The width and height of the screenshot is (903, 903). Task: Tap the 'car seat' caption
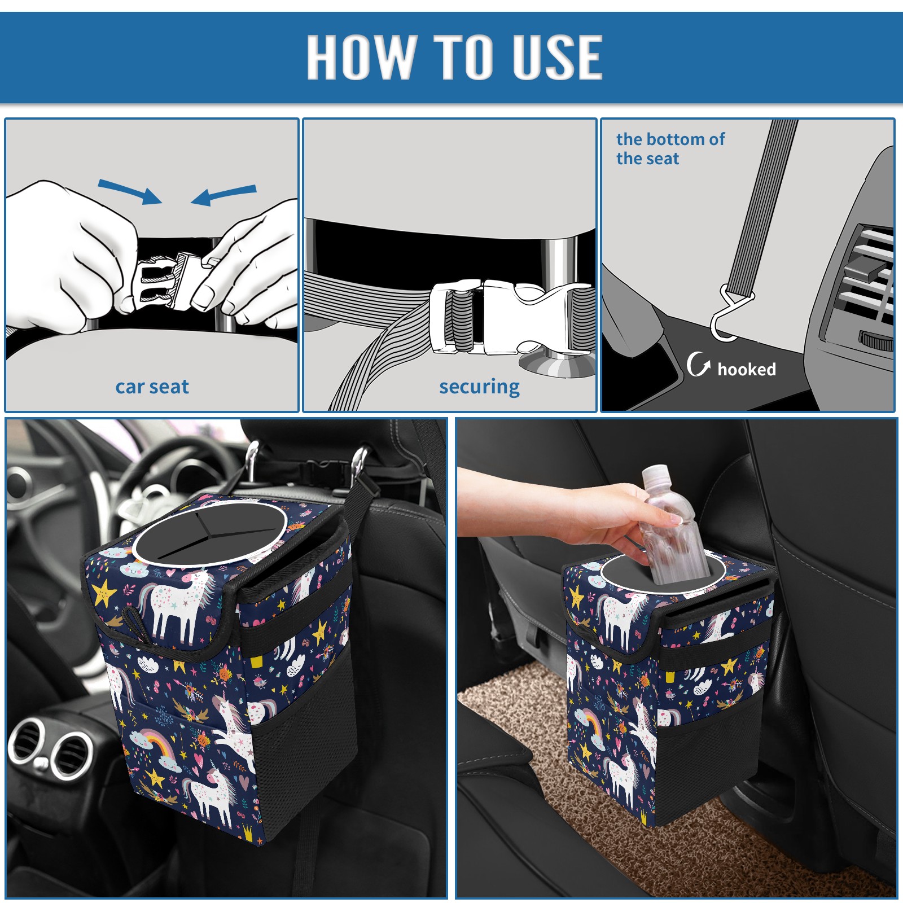click(152, 387)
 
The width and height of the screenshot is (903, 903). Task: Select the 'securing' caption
click(479, 387)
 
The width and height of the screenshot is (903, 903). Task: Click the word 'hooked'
click(746, 369)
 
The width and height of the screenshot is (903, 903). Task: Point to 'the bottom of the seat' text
click(670, 148)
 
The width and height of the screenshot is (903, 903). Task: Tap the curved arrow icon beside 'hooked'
click(698, 364)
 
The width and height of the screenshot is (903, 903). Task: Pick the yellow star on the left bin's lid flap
click(104, 593)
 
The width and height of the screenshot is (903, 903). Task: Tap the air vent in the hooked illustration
click(863, 277)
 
